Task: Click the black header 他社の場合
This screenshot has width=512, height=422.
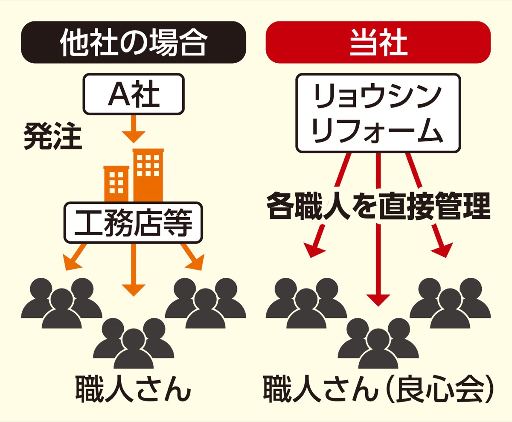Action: point(134,42)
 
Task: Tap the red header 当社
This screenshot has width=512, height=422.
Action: point(378,42)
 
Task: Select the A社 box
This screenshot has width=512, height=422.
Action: point(134,94)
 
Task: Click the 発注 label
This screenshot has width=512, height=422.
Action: point(53,137)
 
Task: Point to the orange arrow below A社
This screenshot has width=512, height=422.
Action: point(134,129)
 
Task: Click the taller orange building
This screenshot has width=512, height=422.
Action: point(148,175)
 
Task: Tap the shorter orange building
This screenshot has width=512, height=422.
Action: point(116,184)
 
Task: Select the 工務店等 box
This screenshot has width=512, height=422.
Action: point(133,222)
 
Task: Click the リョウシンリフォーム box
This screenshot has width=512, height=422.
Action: point(378,113)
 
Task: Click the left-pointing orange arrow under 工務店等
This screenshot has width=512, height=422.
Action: point(74,257)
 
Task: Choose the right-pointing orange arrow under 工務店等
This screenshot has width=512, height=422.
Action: point(193,257)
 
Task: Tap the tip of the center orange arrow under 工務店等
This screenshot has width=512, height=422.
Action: point(134,296)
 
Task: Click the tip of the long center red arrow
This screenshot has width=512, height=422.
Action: point(378,306)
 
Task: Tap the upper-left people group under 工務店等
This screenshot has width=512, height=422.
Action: point(61,303)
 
